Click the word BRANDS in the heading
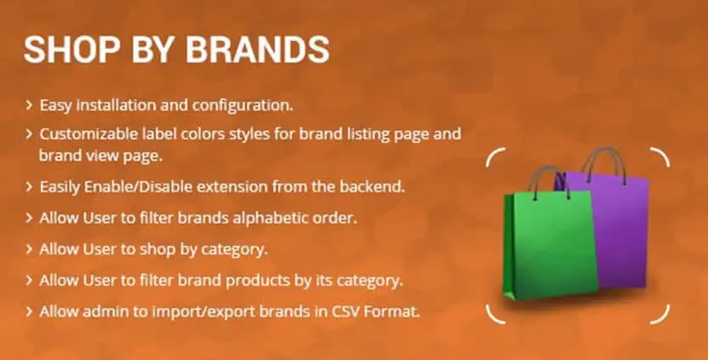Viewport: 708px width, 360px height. tap(257, 49)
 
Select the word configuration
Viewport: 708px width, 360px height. tap(243, 106)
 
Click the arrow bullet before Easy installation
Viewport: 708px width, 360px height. tap(29, 106)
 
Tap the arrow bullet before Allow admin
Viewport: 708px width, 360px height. tap(29, 311)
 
